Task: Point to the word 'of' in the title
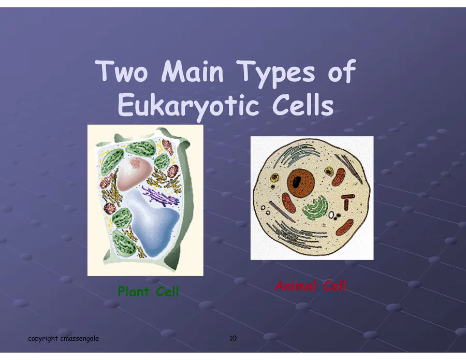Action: click(x=341, y=70)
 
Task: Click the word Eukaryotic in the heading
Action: click(x=188, y=106)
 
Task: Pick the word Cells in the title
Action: click(x=302, y=105)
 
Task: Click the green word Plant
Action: click(x=133, y=291)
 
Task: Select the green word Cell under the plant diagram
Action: click(x=167, y=291)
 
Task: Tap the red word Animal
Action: click(x=296, y=286)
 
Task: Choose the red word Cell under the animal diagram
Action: click(x=334, y=286)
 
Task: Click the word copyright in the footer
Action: click(x=43, y=338)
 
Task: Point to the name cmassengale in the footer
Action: click(x=79, y=339)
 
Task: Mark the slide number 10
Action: click(x=233, y=338)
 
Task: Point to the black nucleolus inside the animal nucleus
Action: click(x=296, y=181)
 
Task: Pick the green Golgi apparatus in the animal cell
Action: click(x=315, y=208)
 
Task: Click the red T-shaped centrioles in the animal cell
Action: click(x=347, y=202)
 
